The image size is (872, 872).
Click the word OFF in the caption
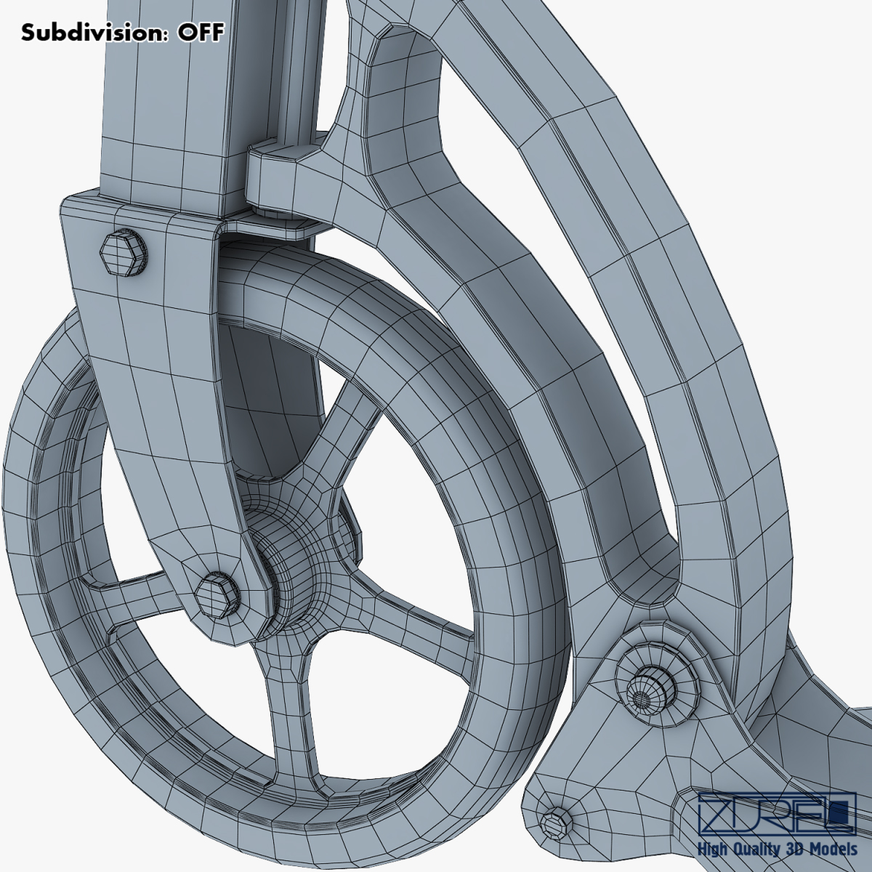pyautogui.click(x=201, y=32)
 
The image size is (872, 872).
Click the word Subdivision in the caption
pyautogui.click(x=94, y=32)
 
